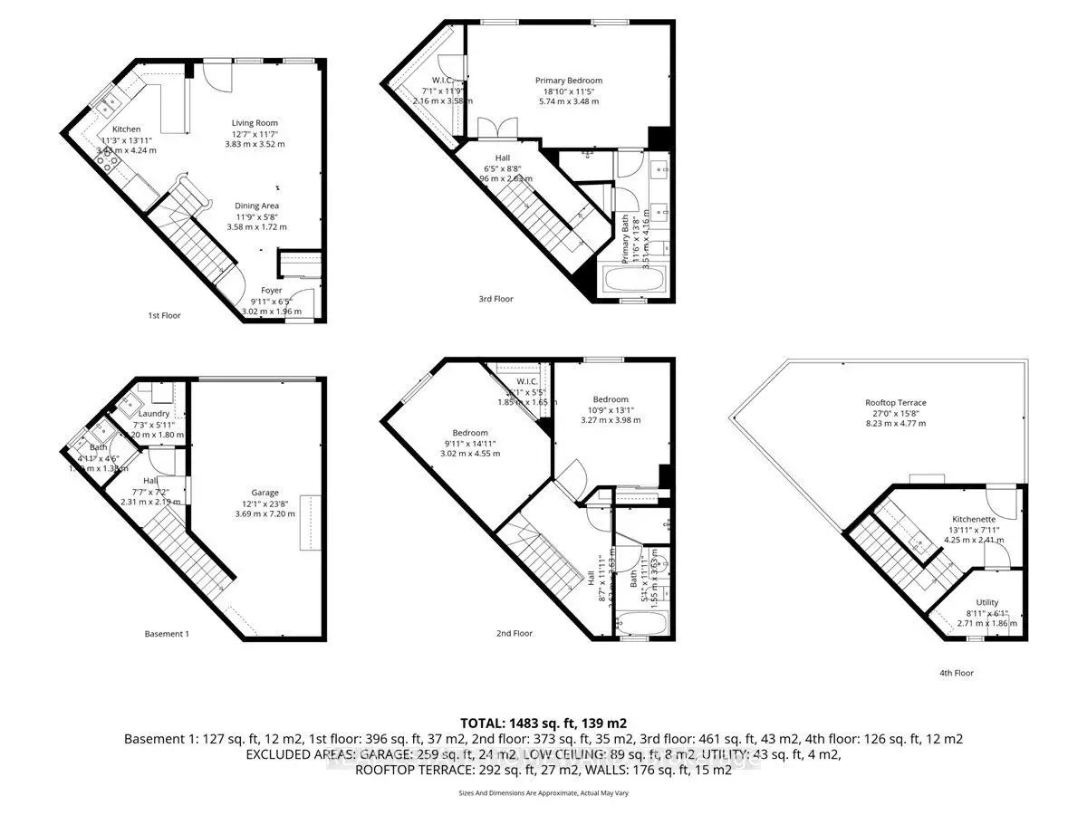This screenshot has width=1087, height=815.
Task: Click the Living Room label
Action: (255, 123)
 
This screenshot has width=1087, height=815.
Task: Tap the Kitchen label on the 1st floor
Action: (126, 129)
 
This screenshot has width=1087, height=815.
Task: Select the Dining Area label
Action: (257, 206)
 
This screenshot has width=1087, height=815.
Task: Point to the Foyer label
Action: (272, 291)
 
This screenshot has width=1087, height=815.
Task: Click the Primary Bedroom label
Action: (568, 81)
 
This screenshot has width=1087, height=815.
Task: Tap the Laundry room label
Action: (154, 414)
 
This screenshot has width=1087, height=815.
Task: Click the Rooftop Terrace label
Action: (895, 403)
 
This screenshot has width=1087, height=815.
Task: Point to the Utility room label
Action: (986, 602)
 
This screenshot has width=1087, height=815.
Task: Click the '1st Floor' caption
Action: (164, 316)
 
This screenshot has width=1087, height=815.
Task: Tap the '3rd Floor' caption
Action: (495, 299)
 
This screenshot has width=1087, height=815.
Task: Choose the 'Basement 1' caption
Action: (167, 634)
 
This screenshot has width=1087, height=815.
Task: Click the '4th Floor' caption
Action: (956, 673)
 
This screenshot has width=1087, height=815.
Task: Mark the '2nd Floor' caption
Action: (515, 634)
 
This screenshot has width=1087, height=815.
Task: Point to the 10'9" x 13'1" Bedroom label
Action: (610, 399)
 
